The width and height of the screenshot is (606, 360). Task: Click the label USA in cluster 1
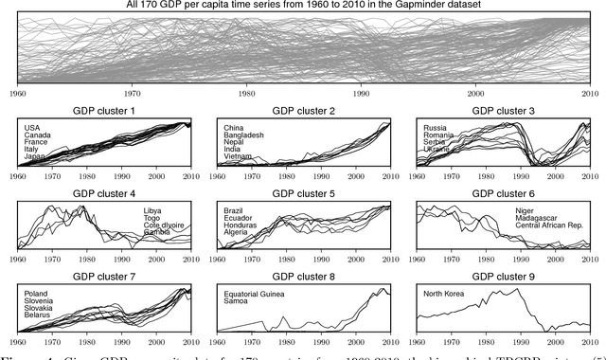click(34, 127)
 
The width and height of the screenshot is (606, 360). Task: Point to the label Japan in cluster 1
click(35, 156)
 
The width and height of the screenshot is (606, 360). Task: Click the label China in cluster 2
click(235, 127)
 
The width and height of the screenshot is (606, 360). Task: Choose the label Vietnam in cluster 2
click(240, 156)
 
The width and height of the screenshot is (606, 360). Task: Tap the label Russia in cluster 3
click(435, 127)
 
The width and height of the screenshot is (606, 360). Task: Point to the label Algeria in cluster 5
click(238, 232)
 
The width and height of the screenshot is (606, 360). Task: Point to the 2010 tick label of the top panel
click(590, 94)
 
